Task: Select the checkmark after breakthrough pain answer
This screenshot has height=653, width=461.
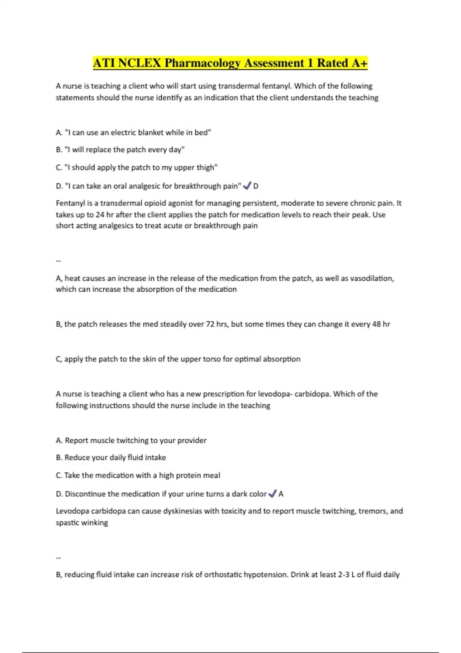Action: (x=247, y=186)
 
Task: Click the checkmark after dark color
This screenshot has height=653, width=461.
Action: (x=272, y=494)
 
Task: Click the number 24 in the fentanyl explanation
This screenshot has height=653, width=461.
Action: (x=100, y=215)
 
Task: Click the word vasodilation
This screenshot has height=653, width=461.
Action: (x=371, y=278)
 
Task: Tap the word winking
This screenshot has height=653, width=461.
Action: (x=95, y=523)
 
